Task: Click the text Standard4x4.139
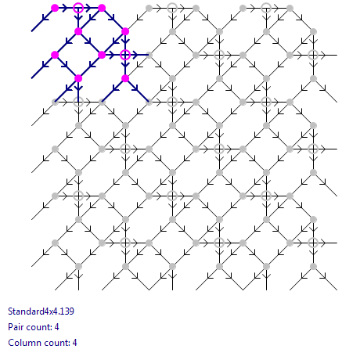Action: tap(41, 311)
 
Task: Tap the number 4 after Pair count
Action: tap(56, 327)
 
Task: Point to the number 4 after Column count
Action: tap(74, 343)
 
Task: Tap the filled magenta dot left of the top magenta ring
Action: tap(55, 8)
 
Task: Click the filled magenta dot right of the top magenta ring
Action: tap(102, 8)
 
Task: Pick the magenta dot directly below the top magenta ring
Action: tap(78, 31)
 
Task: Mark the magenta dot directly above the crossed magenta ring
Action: tap(125, 31)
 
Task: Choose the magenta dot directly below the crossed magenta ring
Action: tap(125, 78)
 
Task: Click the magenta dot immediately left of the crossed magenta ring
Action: tap(102, 55)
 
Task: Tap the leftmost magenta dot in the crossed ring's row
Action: tap(55, 55)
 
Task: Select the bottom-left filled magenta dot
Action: tap(78, 78)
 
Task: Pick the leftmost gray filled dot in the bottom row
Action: tap(78, 266)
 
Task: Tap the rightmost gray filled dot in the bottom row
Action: tap(313, 266)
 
